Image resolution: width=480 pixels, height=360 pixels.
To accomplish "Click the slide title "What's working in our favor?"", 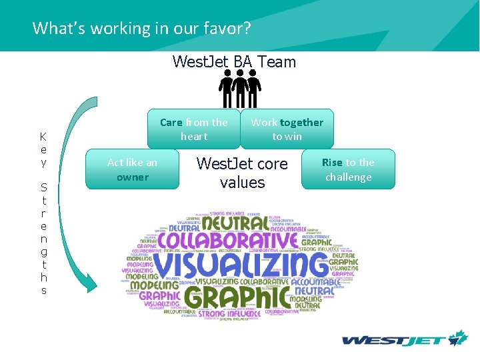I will point(141,28).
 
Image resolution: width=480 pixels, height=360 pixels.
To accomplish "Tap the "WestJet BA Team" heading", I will point(233,62).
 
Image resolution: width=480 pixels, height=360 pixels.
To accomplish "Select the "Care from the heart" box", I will point(193,129).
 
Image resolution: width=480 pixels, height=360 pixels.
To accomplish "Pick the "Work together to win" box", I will point(287,129).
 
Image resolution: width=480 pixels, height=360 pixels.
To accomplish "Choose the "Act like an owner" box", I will point(133,169).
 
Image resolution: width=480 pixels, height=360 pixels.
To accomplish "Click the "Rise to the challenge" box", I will point(348,169).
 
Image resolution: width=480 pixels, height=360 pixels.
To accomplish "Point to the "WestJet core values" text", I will point(242,173).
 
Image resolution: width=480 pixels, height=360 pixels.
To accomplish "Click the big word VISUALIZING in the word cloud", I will point(240,266).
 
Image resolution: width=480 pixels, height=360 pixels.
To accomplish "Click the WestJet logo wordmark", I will point(393,340).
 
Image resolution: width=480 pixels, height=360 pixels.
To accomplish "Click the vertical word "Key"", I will point(43,149).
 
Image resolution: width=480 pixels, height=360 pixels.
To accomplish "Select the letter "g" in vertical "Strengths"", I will point(43,251).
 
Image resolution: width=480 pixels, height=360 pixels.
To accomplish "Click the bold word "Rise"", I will point(332,162).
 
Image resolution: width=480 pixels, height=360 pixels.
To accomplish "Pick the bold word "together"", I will point(301,122).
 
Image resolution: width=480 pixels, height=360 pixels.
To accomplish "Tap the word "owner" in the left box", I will point(133,177).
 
